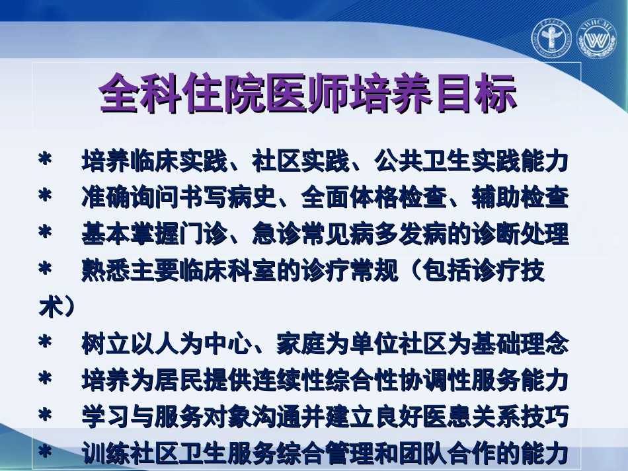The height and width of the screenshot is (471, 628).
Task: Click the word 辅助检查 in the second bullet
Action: [x=520, y=198]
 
